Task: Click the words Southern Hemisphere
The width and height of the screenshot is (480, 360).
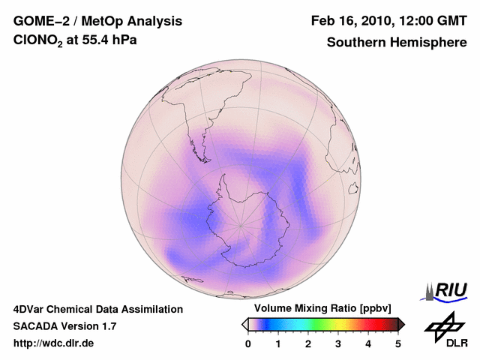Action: (397, 43)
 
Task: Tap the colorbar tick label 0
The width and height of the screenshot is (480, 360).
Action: (248, 343)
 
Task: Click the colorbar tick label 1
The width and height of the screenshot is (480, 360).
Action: (278, 343)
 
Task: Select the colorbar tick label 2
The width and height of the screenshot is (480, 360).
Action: (308, 343)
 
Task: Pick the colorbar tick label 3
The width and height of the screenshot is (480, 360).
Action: (338, 343)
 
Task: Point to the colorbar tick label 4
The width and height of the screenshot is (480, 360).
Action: (368, 343)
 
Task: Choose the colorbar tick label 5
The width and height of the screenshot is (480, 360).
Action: (398, 343)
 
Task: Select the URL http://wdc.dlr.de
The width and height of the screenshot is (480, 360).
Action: (54, 343)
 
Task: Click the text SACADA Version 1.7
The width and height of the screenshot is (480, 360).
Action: (65, 326)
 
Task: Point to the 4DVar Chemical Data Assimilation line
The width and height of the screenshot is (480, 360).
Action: (97, 309)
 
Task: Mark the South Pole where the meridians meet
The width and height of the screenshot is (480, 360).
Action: (240, 224)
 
